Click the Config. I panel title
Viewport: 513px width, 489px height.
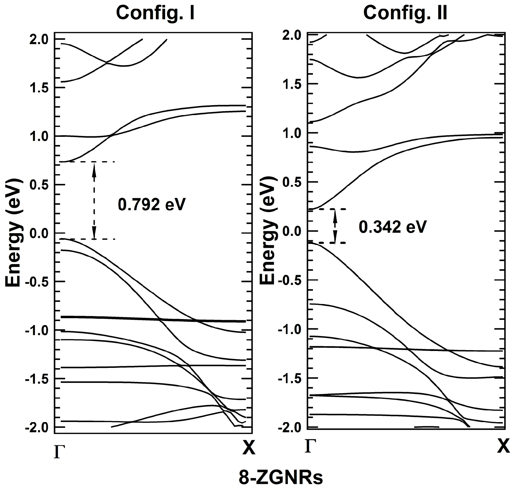coord(155,13)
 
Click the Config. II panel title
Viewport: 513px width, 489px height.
coord(405,13)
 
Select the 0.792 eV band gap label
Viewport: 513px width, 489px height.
coord(152,205)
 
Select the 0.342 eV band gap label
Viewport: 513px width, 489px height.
coord(393,227)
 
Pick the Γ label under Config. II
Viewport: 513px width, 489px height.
coord(310,446)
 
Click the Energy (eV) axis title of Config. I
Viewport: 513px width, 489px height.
coord(14,232)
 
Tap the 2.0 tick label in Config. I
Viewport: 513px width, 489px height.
coord(39,40)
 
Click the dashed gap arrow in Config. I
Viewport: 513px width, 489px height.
coord(94,200)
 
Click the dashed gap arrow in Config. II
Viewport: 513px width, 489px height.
coord(335,226)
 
